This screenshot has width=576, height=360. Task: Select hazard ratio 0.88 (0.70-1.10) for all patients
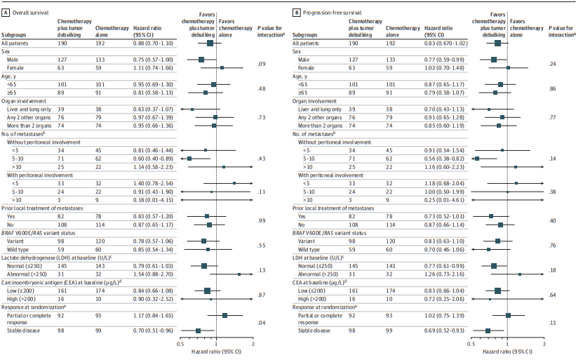[x=152, y=43]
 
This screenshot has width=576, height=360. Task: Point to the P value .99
[x=261, y=221]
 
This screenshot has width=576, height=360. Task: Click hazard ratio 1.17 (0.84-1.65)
[x=152, y=316]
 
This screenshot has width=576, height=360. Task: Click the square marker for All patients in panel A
[x=210, y=43]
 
